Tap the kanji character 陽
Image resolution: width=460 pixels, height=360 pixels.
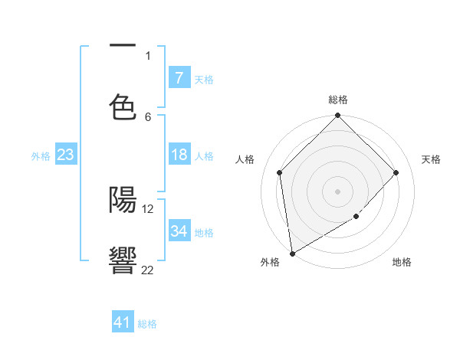123,199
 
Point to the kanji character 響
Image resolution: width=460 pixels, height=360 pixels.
123,260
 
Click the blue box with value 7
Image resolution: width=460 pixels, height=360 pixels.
179,77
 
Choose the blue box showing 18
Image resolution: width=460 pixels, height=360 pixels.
179,155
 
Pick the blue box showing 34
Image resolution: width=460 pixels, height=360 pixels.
179,231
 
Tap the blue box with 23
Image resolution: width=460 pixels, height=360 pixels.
65,155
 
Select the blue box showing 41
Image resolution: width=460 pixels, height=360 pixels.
123,322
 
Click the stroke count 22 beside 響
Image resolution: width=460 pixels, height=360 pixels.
147,270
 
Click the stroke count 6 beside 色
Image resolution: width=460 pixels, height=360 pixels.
148,116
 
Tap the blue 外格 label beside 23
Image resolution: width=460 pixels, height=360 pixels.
41,156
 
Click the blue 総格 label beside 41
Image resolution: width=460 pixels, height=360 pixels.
147,324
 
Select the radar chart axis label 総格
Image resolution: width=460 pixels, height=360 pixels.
338,100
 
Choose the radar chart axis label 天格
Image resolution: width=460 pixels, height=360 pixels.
431,159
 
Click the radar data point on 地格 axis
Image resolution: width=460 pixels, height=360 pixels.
356,217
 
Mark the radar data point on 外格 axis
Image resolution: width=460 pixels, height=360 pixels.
292,253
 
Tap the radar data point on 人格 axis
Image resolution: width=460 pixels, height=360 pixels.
280,172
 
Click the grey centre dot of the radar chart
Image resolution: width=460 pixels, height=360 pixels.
338,191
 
